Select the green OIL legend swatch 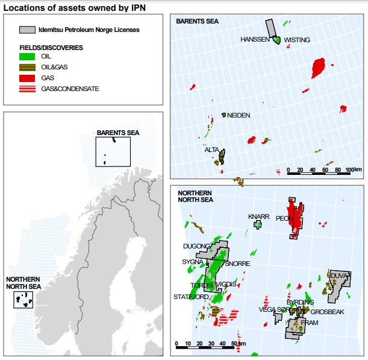pyautogui.click(x=28, y=56)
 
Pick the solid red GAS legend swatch pyautogui.click(x=28, y=78)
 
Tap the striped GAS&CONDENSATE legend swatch pyautogui.click(x=28, y=89)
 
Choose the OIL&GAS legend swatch pyautogui.click(x=28, y=67)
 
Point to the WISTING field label pyautogui.click(x=297, y=40)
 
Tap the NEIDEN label pyautogui.click(x=238, y=115)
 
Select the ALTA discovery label pyautogui.click(x=211, y=150)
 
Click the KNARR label pyautogui.click(x=258, y=216)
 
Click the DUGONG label pyautogui.click(x=196, y=246)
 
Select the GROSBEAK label pyautogui.click(x=327, y=312)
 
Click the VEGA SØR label pyautogui.click(x=272, y=310)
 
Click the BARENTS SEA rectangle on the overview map pyautogui.click(x=113, y=151)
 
